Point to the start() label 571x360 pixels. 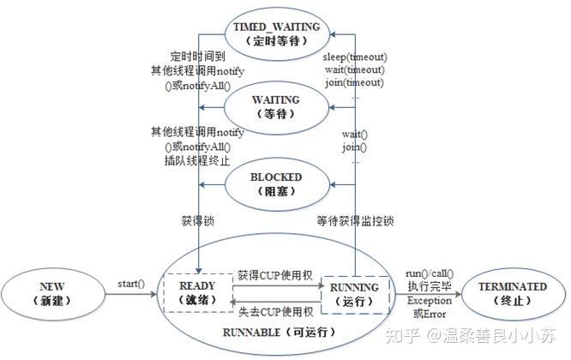pyautogui.click(x=131, y=284)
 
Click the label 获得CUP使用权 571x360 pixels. pyautogui.click(x=275, y=275)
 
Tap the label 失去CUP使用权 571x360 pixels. pyautogui.click(x=276, y=312)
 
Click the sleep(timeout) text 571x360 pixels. pyautogui.click(x=355, y=57)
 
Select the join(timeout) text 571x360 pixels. pyautogui.click(x=354, y=82)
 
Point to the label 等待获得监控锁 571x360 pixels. pyautogui.click(x=355, y=221)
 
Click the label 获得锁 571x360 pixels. pyautogui.click(x=198, y=221)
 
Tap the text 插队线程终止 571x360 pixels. pyautogui.click(x=197, y=160)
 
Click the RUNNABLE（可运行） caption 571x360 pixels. pyautogui.click(x=279, y=332)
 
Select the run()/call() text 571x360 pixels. pyautogui.click(x=430, y=273)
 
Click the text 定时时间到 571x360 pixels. pyautogui.click(x=198, y=57)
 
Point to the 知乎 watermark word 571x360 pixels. pyautogui.click(x=402, y=335)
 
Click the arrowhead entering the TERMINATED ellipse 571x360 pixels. pyautogui.click(x=458, y=294)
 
